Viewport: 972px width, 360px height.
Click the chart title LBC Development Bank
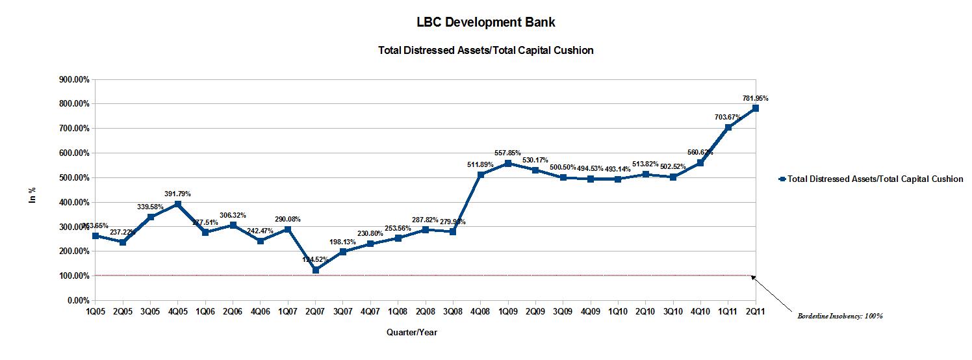(x=485, y=22)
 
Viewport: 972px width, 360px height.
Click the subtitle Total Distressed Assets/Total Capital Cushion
(x=485, y=50)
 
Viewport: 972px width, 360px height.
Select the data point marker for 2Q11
(x=756, y=108)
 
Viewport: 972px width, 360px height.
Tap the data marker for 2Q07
(x=316, y=270)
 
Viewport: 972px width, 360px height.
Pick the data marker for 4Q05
(x=178, y=204)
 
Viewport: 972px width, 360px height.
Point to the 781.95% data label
(x=756, y=98)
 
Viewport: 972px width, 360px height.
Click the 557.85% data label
(x=507, y=153)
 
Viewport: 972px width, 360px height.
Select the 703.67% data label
(x=728, y=117)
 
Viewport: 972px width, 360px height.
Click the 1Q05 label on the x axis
(x=96, y=312)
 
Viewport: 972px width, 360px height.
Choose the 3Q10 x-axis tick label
(x=673, y=312)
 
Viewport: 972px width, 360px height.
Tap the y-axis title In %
(x=32, y=194)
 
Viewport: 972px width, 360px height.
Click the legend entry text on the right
(x=875, y=179)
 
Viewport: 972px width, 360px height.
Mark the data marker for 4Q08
(x=480, y=174)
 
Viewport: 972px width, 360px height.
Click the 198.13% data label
(x=342, y=242)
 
